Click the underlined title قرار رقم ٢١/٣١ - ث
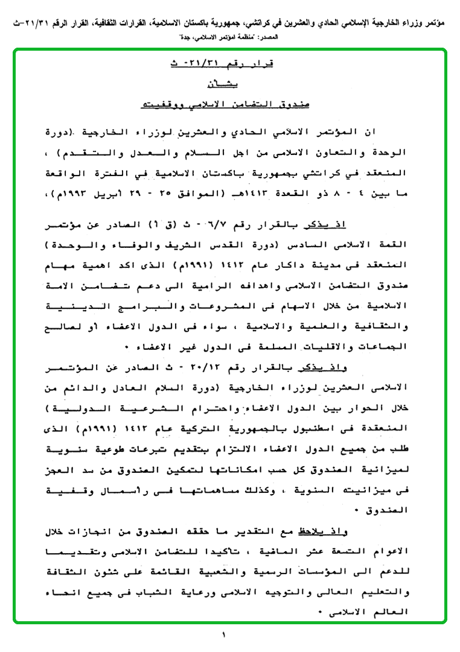[229, 64]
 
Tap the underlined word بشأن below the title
[229, 84]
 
